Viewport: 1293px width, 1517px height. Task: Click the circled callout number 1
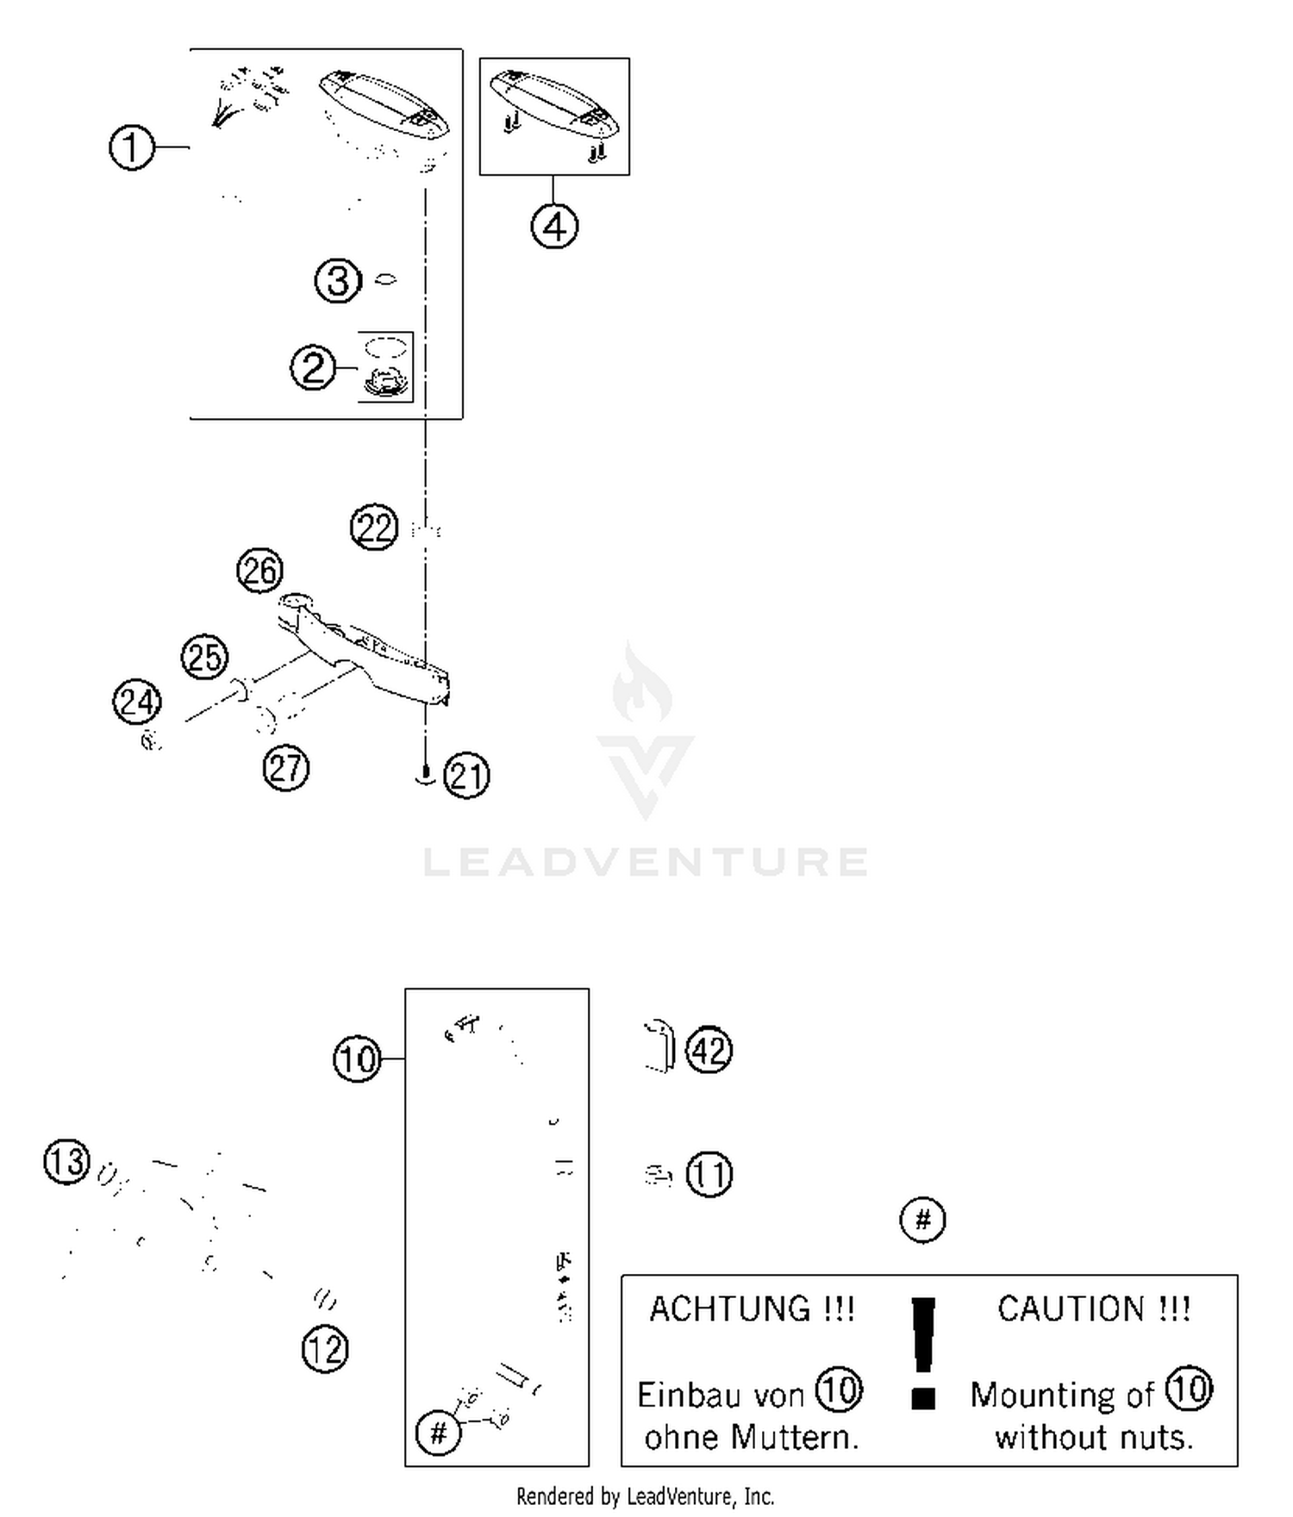pos(131,147)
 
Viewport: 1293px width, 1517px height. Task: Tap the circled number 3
pos(337,281)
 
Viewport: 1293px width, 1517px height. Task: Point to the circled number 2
pos(313,368)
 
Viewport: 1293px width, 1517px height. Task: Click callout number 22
pos(374,528)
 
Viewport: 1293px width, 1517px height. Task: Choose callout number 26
pos(259,571)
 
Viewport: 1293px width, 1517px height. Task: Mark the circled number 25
pos(204,658)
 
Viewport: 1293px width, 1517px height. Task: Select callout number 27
pos(285,768)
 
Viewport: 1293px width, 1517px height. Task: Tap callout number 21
pos(466,776)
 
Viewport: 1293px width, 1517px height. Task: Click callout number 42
pos(709,1051)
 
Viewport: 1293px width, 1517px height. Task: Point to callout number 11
pos(709,1174)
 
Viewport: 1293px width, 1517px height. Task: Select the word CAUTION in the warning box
pos(1071,1309)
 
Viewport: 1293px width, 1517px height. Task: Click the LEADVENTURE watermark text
pos(646,863)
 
